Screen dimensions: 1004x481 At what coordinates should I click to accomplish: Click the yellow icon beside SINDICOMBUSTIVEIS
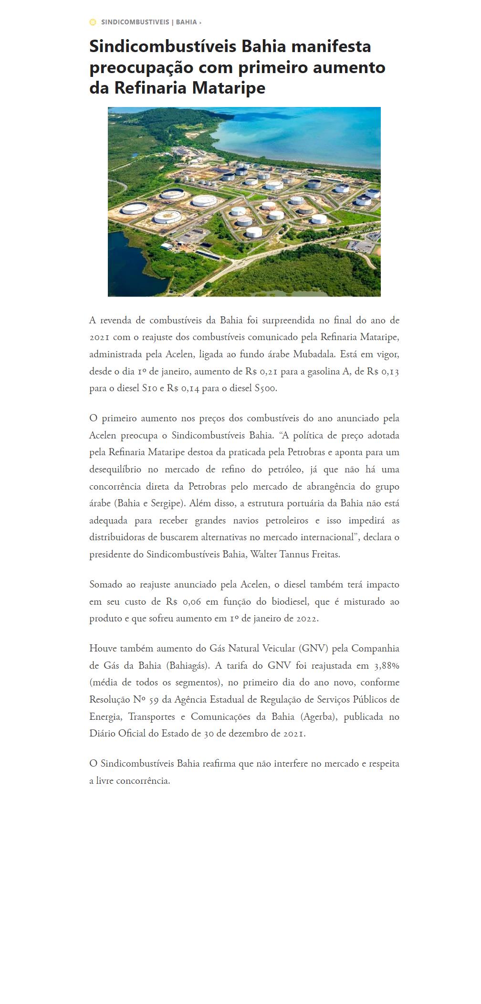pyautogui.click(x=93, y=22)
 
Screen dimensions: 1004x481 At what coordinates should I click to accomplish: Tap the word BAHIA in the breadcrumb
pyautogui.click(x=186, y=22)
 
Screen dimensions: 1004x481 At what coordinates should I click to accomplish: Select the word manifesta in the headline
pyautogui.click(x=331, y=47)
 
